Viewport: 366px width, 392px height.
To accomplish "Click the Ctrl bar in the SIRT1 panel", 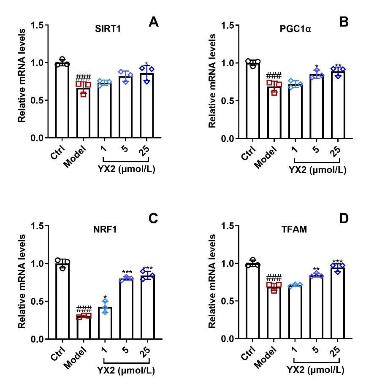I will pyautogui.click(x=62, y=101).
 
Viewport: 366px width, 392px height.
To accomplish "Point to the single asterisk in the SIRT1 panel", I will pyautogui.click(x=146, y=64).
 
